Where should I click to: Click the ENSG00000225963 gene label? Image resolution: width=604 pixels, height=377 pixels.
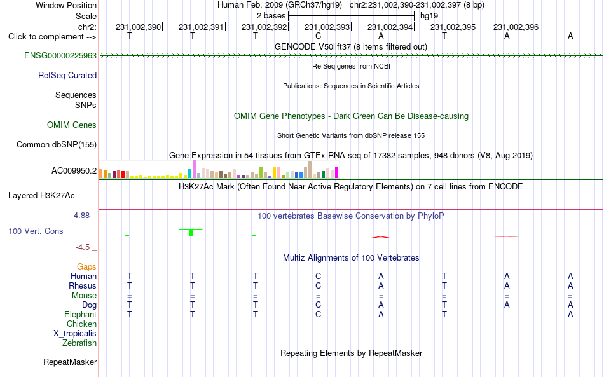click(60, 55)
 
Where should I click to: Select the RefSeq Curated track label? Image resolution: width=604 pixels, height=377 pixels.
click(67, 75)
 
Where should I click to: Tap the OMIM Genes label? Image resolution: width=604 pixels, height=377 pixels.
click(71, 125)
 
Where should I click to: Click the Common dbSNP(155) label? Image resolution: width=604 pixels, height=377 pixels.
click(56, 144)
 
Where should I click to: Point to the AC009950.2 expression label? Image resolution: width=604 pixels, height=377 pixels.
click(74, 170)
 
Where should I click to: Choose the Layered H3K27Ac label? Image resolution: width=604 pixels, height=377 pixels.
click(41, 196)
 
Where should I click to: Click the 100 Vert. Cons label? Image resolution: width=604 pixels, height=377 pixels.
click(36, 231)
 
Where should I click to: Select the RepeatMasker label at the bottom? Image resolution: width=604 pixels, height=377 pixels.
click(70, 362)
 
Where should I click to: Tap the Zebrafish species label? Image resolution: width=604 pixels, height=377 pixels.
click(79, 343)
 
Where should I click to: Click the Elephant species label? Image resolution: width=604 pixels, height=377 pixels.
click(80, 314)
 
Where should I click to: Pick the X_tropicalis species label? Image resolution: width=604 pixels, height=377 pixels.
click(75, 334)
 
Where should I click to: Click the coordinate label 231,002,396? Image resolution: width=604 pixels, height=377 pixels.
click(516, 27)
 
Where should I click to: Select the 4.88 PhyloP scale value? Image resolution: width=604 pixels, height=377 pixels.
click(81, 216)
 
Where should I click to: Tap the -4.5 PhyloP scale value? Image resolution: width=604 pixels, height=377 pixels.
click(83, 247)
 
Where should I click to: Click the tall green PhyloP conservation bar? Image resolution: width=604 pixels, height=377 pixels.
click(191, 233)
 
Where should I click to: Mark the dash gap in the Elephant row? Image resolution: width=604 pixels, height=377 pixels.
click(507, 315)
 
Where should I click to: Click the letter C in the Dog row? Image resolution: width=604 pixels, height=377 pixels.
click(318, 305)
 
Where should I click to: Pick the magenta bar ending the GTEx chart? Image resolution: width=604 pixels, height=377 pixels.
click(337, 172)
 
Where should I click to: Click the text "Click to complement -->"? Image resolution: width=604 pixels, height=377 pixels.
click(52, 37)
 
